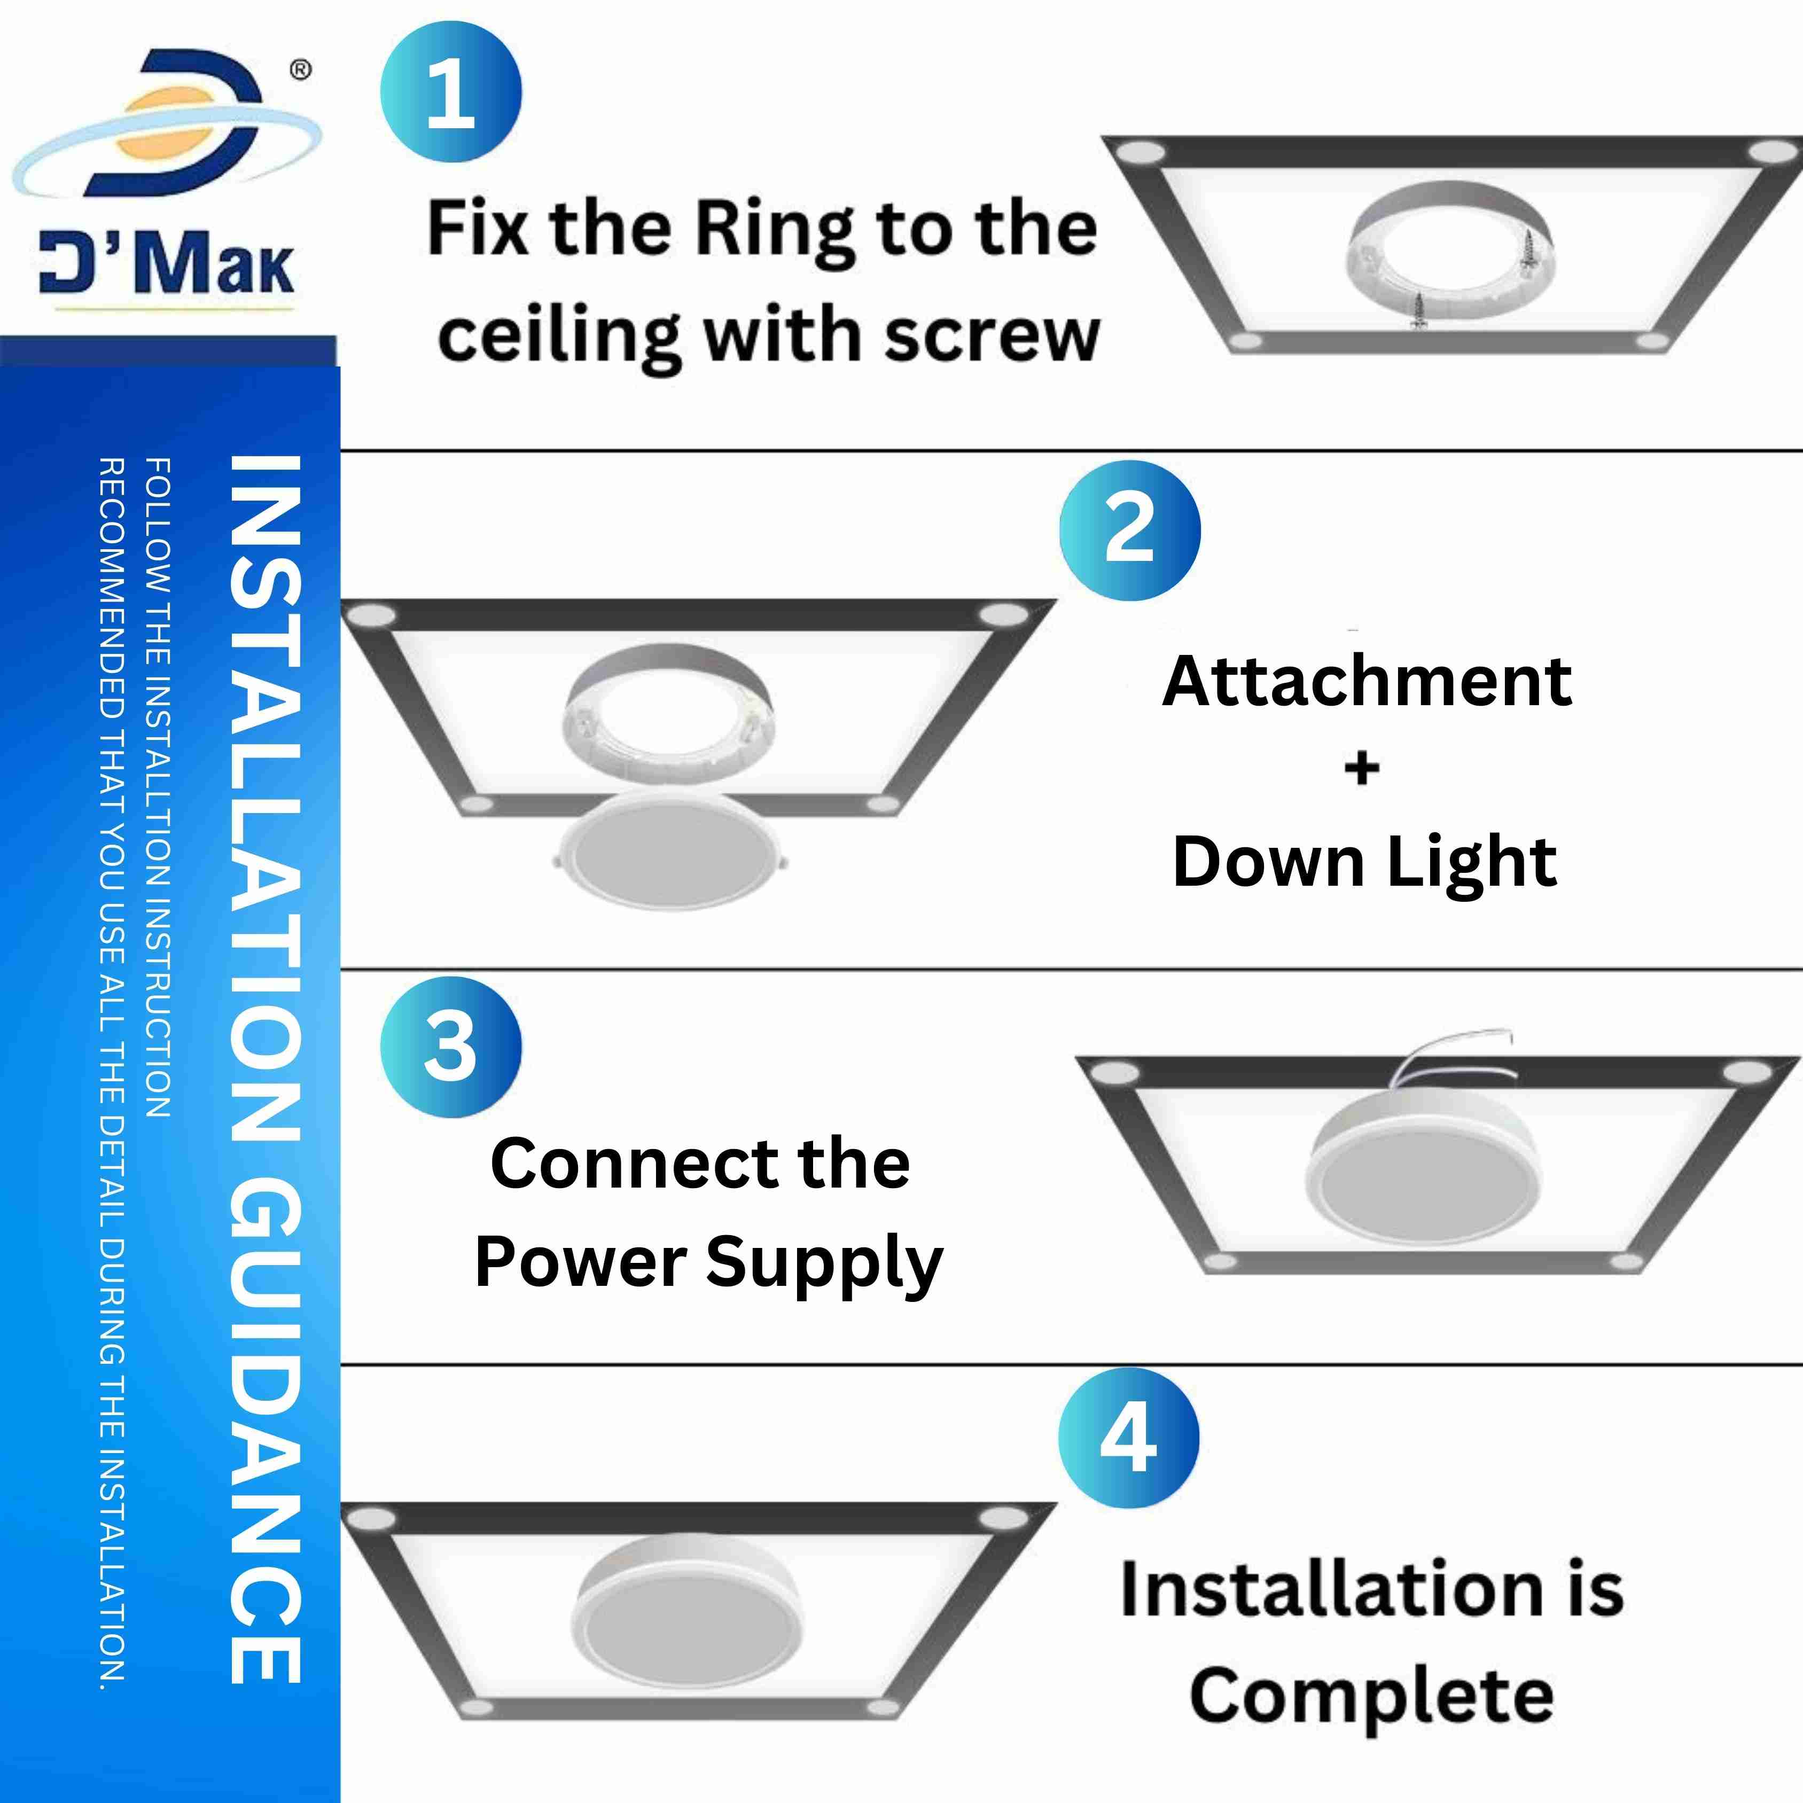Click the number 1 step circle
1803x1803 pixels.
(x=451, y=92)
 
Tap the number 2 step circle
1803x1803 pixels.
(x=1130, y=530)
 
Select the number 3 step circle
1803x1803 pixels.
(x=451, y=1047)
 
